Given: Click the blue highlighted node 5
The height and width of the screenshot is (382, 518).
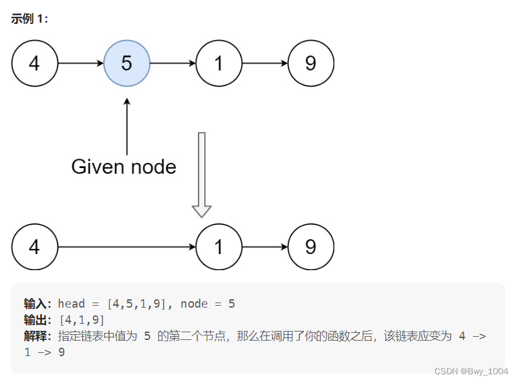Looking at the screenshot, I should click(127, 63).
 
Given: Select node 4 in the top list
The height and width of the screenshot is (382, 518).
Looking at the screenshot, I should click(35, 63).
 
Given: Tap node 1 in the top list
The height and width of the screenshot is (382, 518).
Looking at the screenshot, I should click(219, 63).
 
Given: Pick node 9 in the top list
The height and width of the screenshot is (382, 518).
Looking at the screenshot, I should click(310, 63).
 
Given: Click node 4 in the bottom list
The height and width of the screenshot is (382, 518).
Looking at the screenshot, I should click(35, 247).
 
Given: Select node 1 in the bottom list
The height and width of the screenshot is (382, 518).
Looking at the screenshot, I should click(219, 247).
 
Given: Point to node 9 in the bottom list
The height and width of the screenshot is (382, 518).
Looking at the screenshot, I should click(310, 247).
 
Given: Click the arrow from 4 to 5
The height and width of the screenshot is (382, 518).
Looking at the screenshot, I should click(81, 63).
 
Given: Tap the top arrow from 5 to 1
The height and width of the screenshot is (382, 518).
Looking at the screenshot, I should click(173, 63).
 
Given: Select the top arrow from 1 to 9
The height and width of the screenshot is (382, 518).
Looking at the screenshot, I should click(264, 63).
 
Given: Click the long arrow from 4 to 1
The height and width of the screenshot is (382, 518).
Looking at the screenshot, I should click(127, 247).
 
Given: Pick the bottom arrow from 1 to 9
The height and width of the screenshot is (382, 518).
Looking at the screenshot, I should click(264, 247).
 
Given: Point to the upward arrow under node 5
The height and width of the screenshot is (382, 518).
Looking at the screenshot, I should click(127, 126).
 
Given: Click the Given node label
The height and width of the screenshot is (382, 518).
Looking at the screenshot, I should click(124, 167).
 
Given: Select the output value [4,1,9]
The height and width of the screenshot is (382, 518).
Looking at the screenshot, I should click(81, 320).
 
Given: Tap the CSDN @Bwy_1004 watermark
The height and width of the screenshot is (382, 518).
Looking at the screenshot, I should click(471, 371).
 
